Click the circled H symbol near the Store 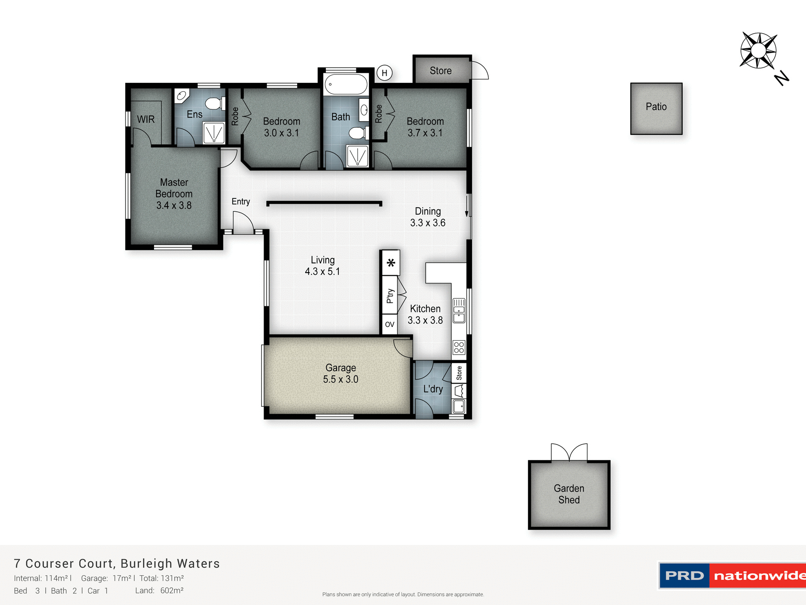(x=384, y=73)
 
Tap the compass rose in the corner (x=758, y=51)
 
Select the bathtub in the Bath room (x=346, y=84)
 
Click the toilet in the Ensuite (x=214, y=103)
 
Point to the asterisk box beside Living (x=391, y=263)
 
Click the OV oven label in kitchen (x=390, y=324)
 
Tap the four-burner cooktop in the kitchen (x=459, y=347)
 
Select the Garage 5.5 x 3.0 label (x=340, y=374)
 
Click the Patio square (x=656, y=108)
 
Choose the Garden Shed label (x=569, y=494)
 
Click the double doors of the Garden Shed (x=569, y=452)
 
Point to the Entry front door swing (x=243, y=223)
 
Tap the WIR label (x=146, y=119)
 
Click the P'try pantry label (x=390, y=295)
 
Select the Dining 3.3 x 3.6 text (x=428, y=217)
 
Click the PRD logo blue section (x=684, y=576)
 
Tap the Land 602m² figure (x=172, y=590)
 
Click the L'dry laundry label (x=433, y=389)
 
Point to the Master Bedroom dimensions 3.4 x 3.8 (x=174, y=205)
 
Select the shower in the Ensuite (x=214, y=133)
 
